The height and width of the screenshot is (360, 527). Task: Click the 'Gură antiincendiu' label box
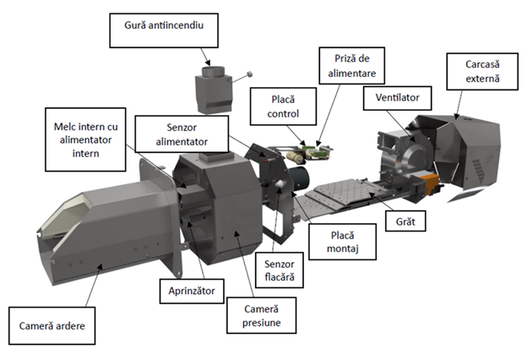[x=164, y=30]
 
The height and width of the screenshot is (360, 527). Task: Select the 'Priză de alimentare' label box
[x=352, y=66]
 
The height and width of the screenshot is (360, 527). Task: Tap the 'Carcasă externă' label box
[x=482, y=71]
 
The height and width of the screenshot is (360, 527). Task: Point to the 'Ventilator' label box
[x=397, y=98]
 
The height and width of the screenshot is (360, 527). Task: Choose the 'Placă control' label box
[x=283, y=106]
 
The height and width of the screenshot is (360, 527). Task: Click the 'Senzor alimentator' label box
[x=182, y=134]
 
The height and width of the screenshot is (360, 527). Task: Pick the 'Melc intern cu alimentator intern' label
[x=85, y=139]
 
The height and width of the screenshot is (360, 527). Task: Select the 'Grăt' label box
[x=405, y=221]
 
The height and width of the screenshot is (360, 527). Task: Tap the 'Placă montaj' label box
[x=343, y=242]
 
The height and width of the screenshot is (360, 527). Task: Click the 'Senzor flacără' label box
[x=280, y=270]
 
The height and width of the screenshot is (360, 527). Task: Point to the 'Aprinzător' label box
[x=192, y=291]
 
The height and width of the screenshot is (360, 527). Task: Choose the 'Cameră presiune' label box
[x=262, y=315]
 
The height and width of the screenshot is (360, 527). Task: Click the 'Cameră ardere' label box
[x=52, y=325]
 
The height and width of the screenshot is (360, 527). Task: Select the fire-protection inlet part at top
[x=215, y=89]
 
